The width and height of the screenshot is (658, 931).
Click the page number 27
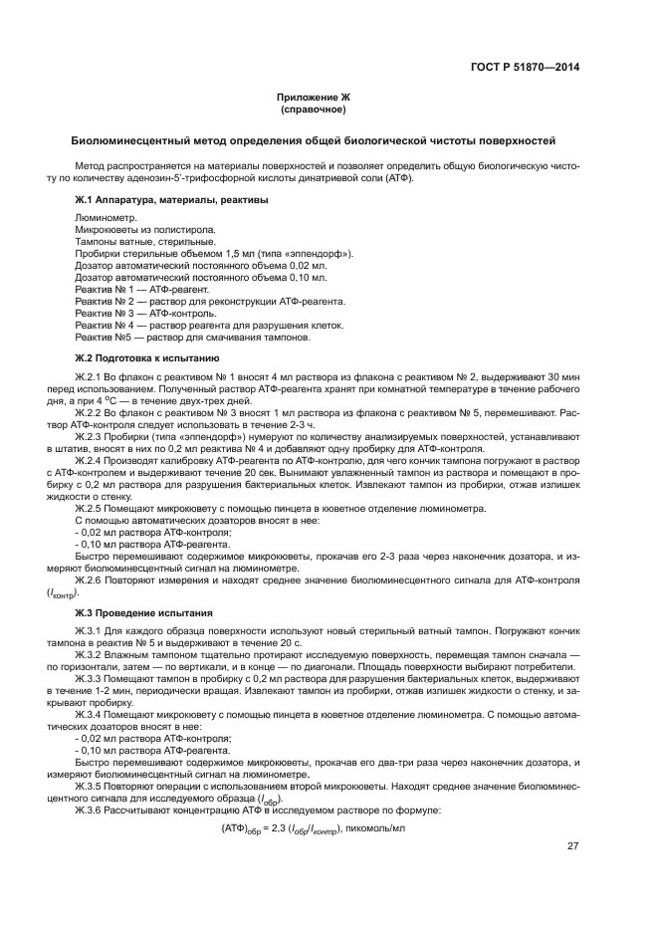[x=572, y=846]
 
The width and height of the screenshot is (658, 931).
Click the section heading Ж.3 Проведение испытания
[x=138, y=610]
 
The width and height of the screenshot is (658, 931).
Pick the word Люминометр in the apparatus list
[x=107, y=216]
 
